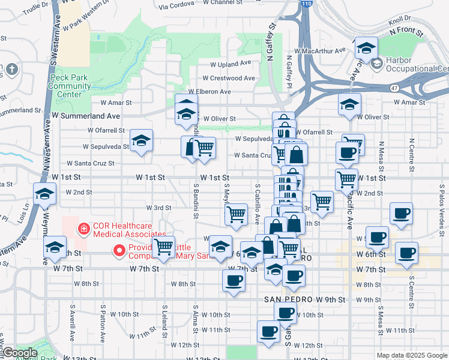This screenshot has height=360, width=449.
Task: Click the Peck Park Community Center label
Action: (70, 86)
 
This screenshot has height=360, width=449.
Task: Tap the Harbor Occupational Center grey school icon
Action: (377, 64)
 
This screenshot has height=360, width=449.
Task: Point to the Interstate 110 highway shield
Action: (307, 4)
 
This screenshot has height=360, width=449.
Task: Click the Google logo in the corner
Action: (19, 353)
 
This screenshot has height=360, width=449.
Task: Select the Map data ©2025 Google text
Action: (412, 355)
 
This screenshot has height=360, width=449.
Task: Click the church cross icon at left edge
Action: (11, 70)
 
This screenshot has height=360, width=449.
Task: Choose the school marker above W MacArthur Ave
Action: (366, 47)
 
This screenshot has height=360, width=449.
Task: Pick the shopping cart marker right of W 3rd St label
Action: (236, 214)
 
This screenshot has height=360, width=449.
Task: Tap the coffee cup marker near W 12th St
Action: (268, 331)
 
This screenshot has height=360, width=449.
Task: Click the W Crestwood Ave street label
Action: (228, 78)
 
